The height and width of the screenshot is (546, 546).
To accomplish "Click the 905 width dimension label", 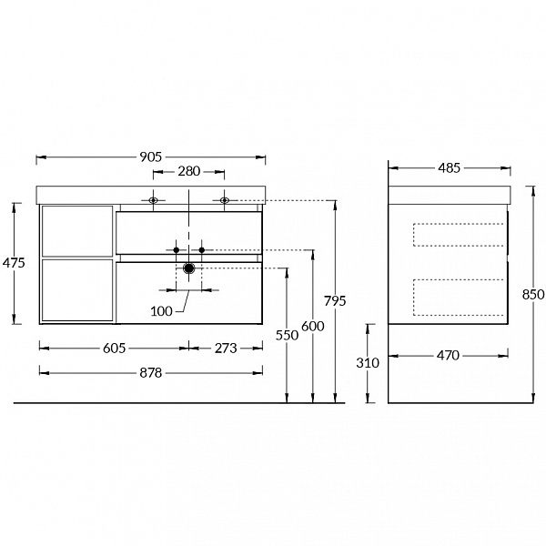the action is [151, 157].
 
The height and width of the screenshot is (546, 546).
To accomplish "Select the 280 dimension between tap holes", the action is [189, 171].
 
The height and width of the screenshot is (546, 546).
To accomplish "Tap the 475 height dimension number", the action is [14, 263].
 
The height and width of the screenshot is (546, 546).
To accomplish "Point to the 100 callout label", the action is [162, 311].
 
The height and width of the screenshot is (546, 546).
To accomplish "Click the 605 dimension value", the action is [115, 349].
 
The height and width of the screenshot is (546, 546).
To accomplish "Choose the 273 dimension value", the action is [226, 349].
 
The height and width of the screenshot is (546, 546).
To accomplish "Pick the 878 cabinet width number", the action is [151, 373].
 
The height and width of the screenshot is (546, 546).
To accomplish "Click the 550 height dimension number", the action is [287, 335].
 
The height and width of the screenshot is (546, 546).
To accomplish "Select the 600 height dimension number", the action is [313, 327].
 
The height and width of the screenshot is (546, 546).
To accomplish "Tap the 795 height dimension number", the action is [335, 301].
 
